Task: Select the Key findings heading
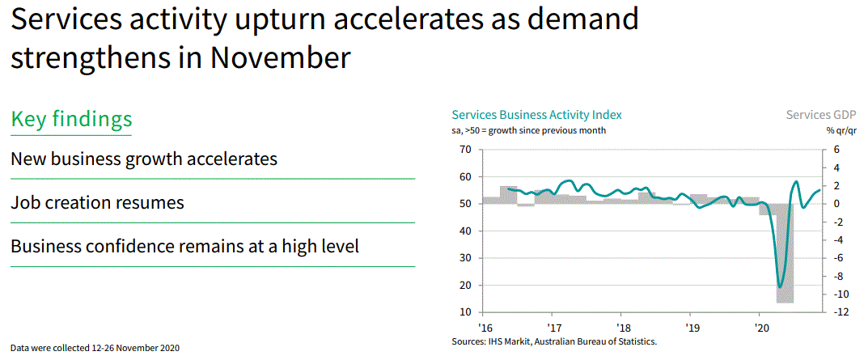(x=71, y=119)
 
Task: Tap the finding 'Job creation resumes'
(x=97, y=202)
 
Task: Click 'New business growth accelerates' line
(x=143, y=159)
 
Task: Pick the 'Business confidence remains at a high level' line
(x=184, y=246)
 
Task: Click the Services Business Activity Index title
(x=536, y=115)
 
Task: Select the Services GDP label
(x=821, y=115)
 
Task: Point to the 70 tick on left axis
(x=464, y=150)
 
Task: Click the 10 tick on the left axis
(x=464, y=312)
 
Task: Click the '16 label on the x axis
(x=485, y=328)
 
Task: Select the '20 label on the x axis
(x=760, y=328)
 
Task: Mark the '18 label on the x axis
(x=622, y=328)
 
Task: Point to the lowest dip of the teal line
(x=780, y=286)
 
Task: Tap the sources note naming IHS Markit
(x=554, y=342)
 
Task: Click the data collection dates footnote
(x=95, y=348)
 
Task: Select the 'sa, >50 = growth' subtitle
(x=528, y=130)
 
